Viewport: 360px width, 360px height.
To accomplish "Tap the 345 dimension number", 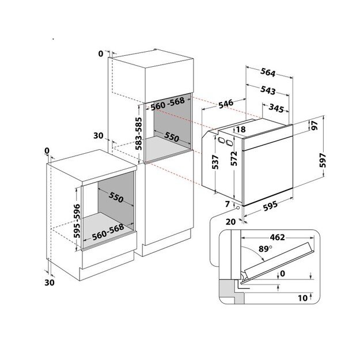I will tap(278, 108).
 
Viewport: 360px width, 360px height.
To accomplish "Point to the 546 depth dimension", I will tap(225, 104).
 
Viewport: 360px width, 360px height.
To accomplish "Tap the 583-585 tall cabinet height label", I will tap(139, 134).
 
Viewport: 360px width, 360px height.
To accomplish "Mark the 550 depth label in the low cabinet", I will tap(115, 198).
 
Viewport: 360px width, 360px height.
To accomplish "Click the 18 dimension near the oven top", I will tap(241, 130).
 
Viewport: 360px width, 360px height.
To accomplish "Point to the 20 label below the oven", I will tap(230, 222).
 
